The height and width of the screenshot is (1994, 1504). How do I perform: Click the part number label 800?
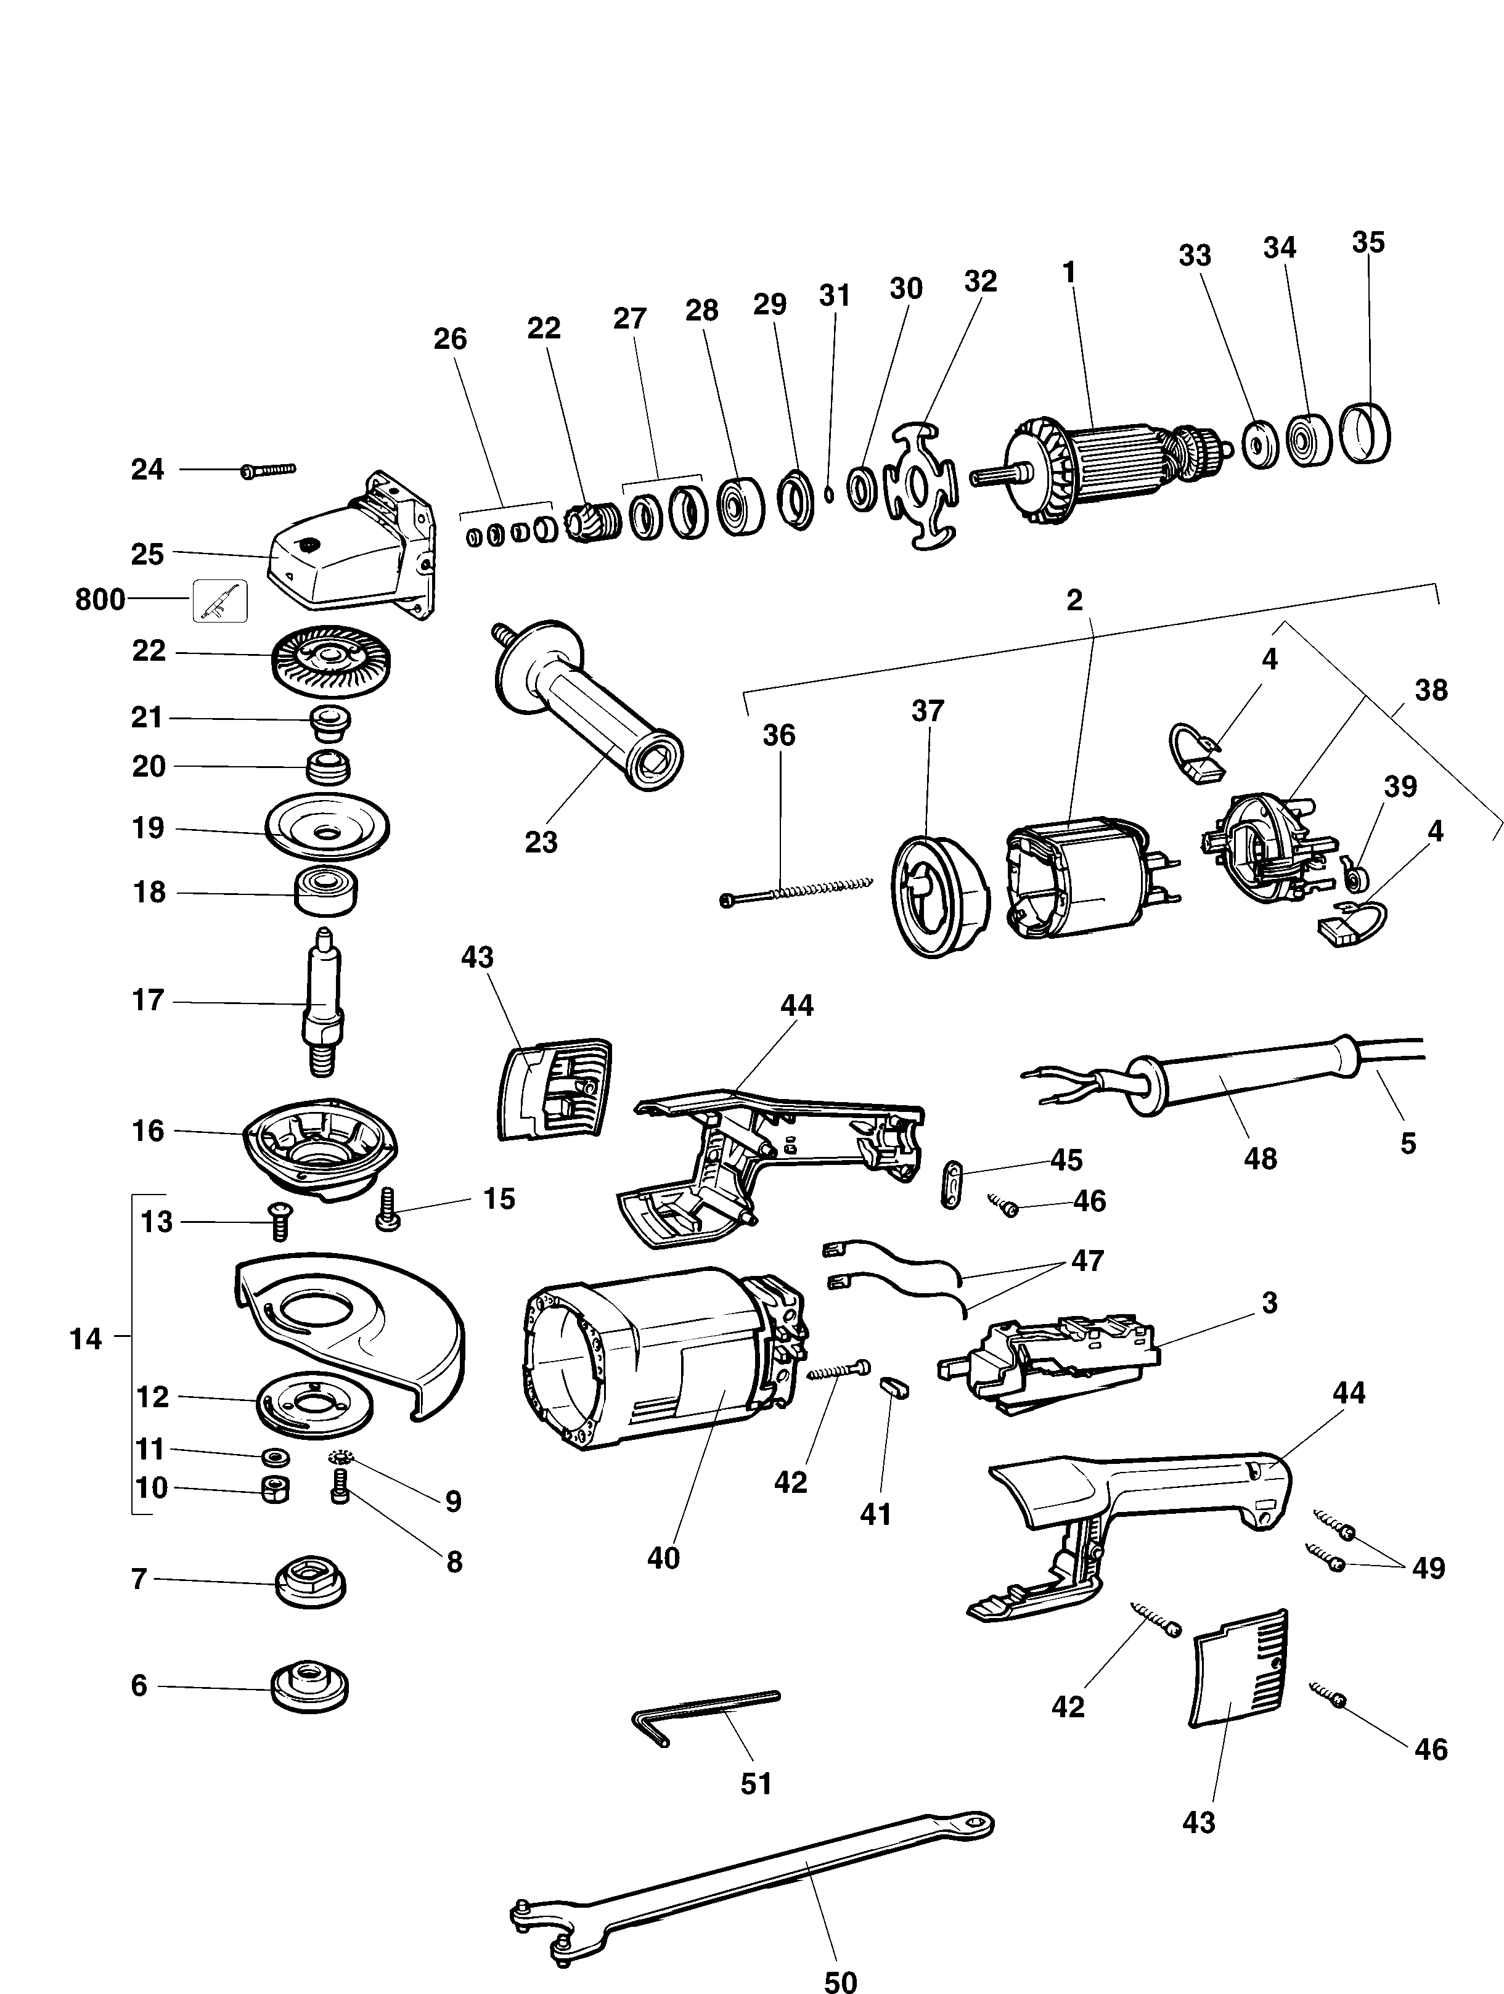point(99,600)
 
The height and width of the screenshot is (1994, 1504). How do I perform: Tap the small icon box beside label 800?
point(220,600)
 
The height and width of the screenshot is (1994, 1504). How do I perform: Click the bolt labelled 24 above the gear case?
point(269,470)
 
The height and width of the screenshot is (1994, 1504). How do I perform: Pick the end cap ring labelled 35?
point(1364,433)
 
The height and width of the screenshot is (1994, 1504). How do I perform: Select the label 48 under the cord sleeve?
point(1260,1158)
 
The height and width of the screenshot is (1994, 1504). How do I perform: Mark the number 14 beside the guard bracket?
point(86,1339)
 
